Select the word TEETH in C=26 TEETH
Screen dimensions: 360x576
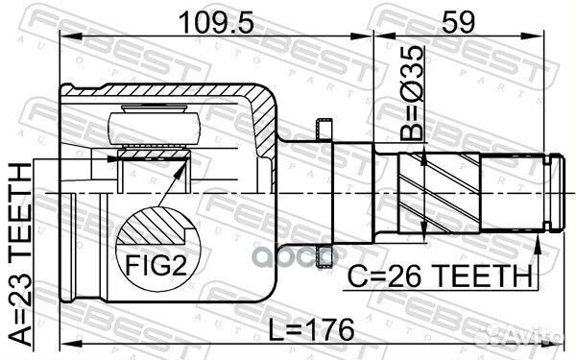pos(491,276)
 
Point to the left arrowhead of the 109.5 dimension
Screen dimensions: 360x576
pos(65,36)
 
